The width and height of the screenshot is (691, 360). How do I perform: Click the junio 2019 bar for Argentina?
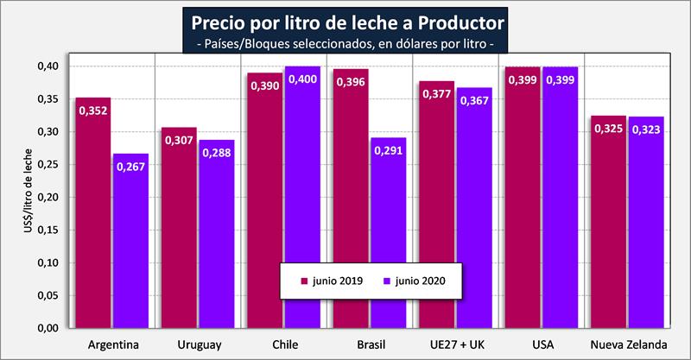(93, 216)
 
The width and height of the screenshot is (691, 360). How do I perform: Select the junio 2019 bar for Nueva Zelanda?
(608, 224)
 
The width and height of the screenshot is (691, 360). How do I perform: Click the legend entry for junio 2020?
(418, 280)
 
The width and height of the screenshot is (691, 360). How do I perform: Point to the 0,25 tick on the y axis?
(48, 164)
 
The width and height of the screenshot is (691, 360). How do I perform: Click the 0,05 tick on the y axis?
(48, 295)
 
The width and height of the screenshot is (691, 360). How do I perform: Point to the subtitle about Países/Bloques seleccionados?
(345, 41)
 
